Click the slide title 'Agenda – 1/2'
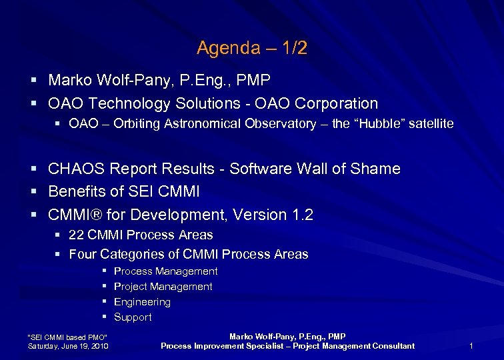tap(252, 48)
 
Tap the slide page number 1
tap(471, 346)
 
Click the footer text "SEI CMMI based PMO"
tap(66, 336)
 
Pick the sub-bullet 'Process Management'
tap(165, 271)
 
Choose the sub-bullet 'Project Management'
tap(163, 287)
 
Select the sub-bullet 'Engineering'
tap(142, 302)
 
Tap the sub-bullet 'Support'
tap(133, 317)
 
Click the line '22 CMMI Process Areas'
tap(141, 235)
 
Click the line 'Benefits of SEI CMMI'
tap(124, 192)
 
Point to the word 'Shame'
tap(378, 169)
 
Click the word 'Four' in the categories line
tap(82, 254)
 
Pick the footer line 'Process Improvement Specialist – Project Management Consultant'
tap(287, 346)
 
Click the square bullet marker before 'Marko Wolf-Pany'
tap(33, 81)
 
